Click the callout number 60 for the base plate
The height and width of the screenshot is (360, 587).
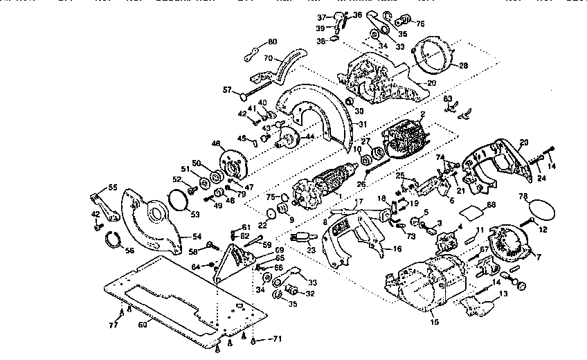143,324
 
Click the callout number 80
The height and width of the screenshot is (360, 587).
272,42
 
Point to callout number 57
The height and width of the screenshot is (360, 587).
226,90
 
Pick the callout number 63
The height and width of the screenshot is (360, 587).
448,99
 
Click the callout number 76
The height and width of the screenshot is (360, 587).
419,22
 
